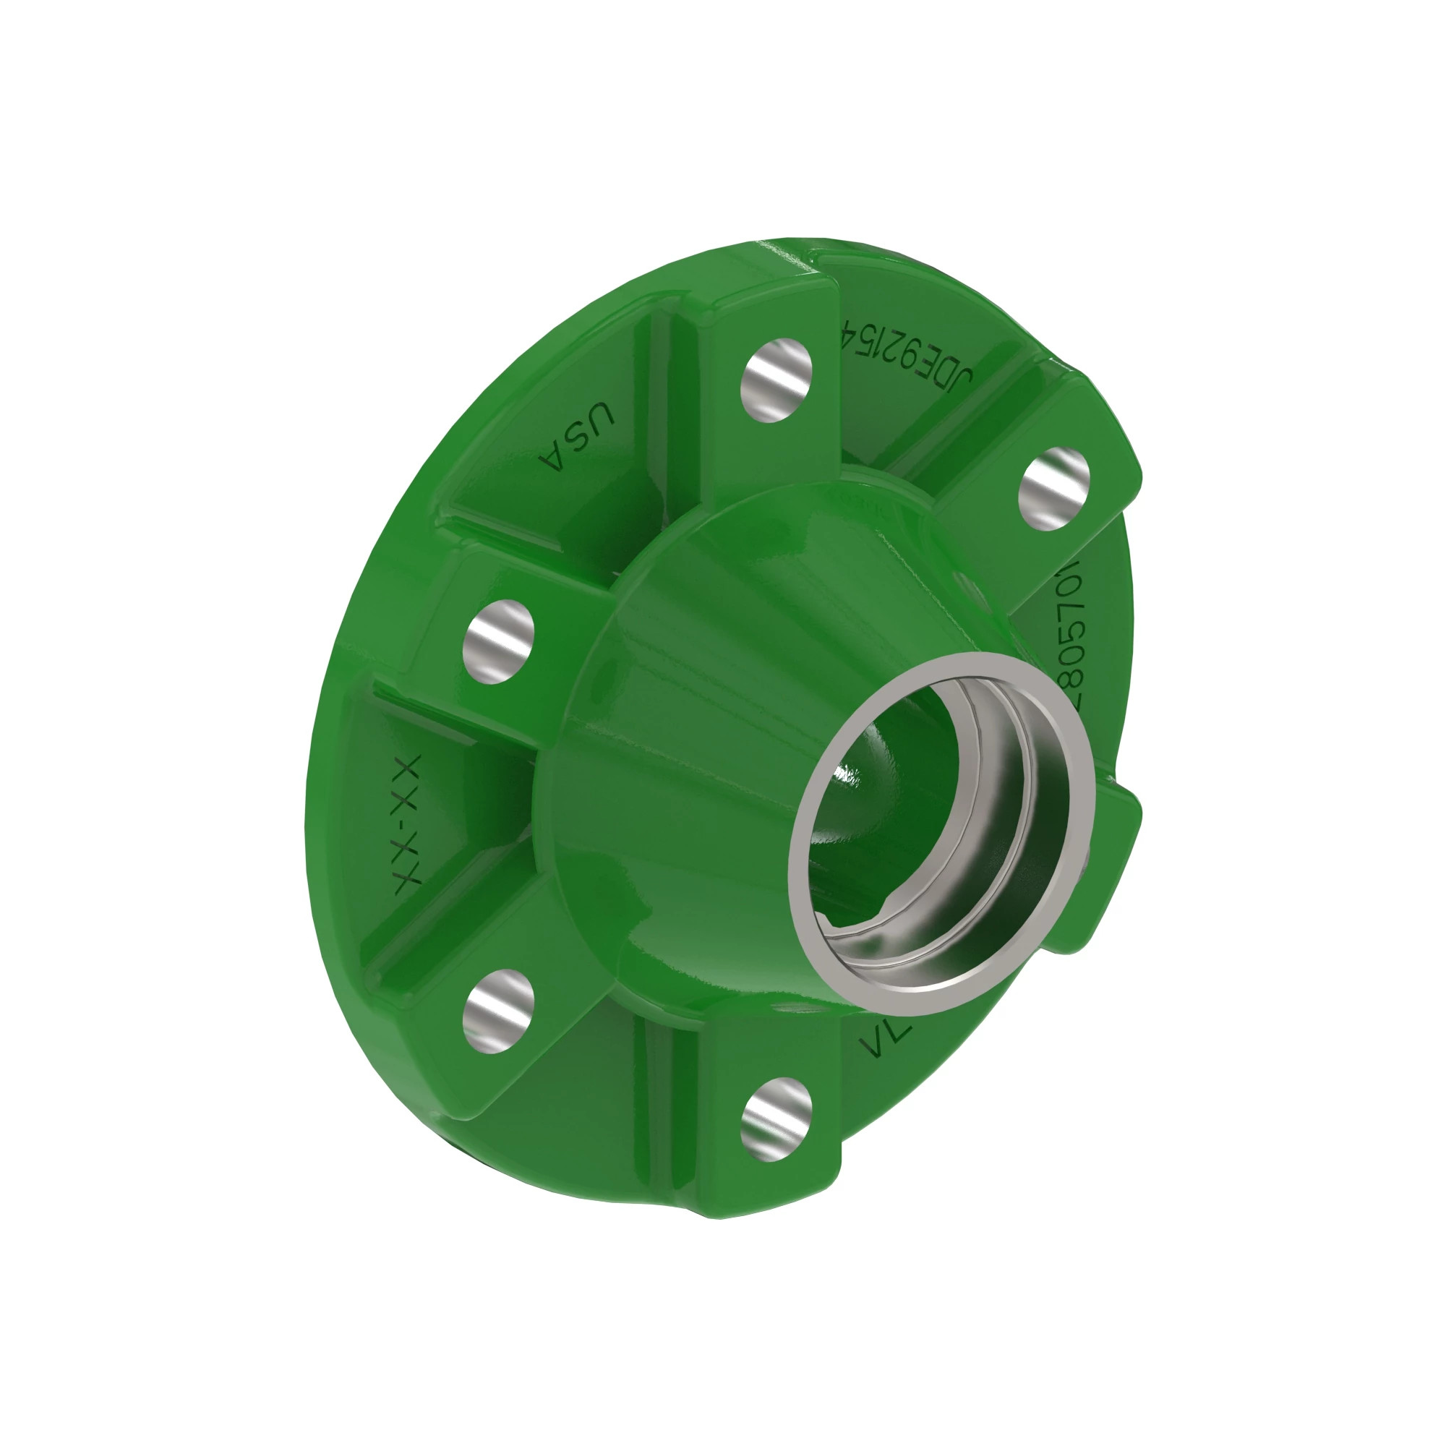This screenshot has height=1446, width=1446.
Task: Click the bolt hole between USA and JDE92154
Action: [x=776, y=380]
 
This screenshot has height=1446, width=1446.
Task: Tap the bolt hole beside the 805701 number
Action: [x=1054, y=489]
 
